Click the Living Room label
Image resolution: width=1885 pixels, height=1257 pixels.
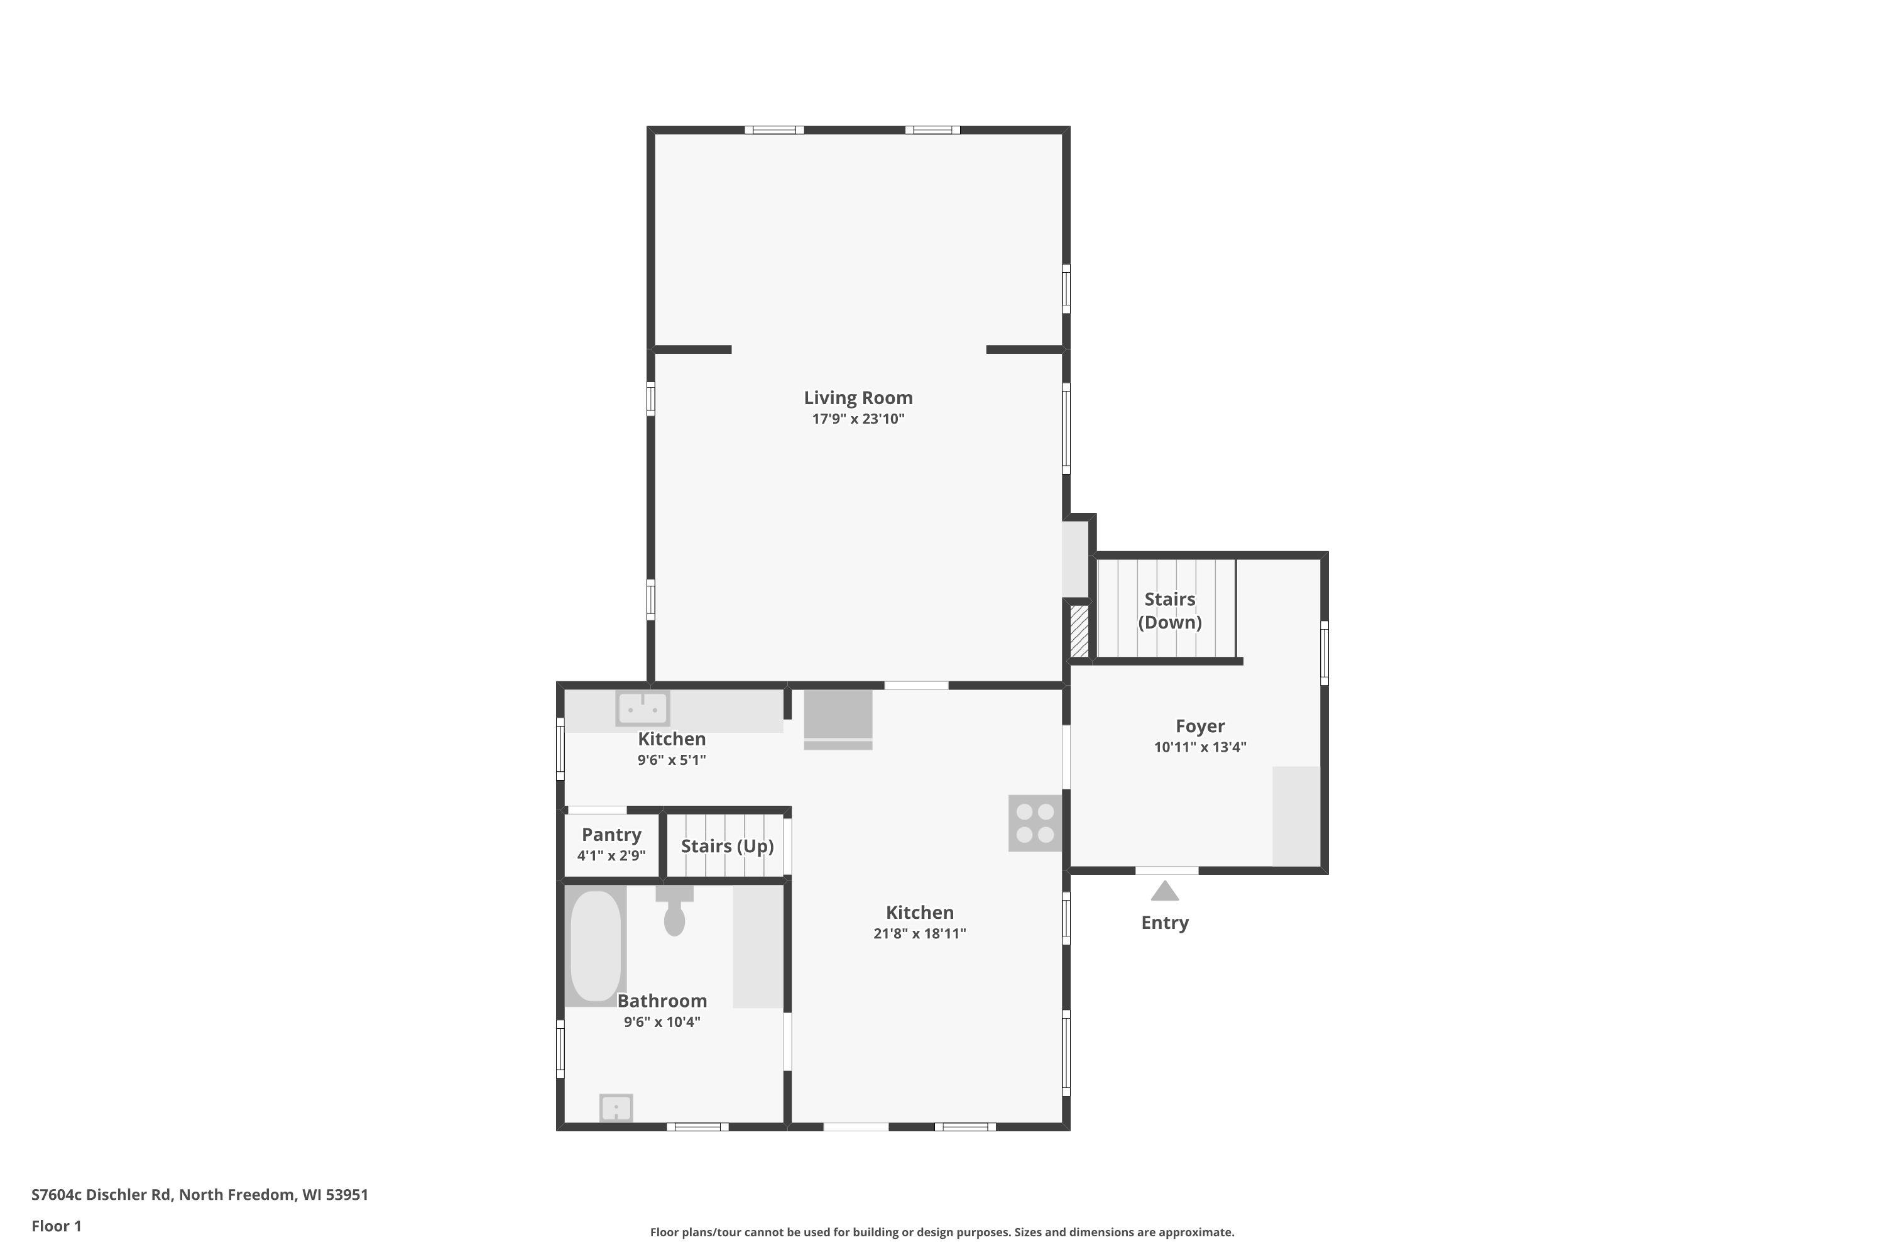tap(858, 398)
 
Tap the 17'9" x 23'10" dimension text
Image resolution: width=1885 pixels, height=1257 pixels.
tap(858, 419)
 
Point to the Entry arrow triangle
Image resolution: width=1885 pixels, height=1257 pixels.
tap(1164, 891)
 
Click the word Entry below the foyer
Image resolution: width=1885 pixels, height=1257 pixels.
tap(1164, 923)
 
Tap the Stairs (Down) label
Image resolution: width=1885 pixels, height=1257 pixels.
tap(1169, 611)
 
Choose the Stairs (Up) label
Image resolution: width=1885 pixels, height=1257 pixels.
tap(727, 847)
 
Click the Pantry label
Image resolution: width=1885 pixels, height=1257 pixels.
tap(611, 835)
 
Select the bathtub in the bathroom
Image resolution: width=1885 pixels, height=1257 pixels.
tap(596, 946)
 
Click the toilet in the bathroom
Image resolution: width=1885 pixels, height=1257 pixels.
tap(674, 911)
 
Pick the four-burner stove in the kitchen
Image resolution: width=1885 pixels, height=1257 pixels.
tap(1035, 823)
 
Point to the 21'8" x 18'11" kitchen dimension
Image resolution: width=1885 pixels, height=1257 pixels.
tap(919, 933)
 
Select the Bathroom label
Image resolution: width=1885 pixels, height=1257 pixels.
tap(662, 1001)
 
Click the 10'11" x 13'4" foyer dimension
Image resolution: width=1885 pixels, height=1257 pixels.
tap(1199, 747)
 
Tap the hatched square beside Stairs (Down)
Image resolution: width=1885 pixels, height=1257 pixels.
tap(1079, 631)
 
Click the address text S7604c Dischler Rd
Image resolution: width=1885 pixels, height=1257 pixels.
tap(102, 1195)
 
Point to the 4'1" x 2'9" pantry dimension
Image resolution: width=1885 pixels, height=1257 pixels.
tap(611, 855)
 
